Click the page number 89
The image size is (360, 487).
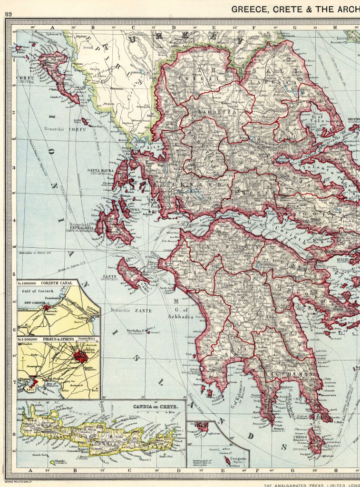[8, 14]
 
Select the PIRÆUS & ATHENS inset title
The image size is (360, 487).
[51, 339]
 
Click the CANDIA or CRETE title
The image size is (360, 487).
[152, 408]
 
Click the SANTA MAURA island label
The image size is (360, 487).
[99, 170]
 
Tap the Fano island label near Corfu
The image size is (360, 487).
[10, 48]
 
